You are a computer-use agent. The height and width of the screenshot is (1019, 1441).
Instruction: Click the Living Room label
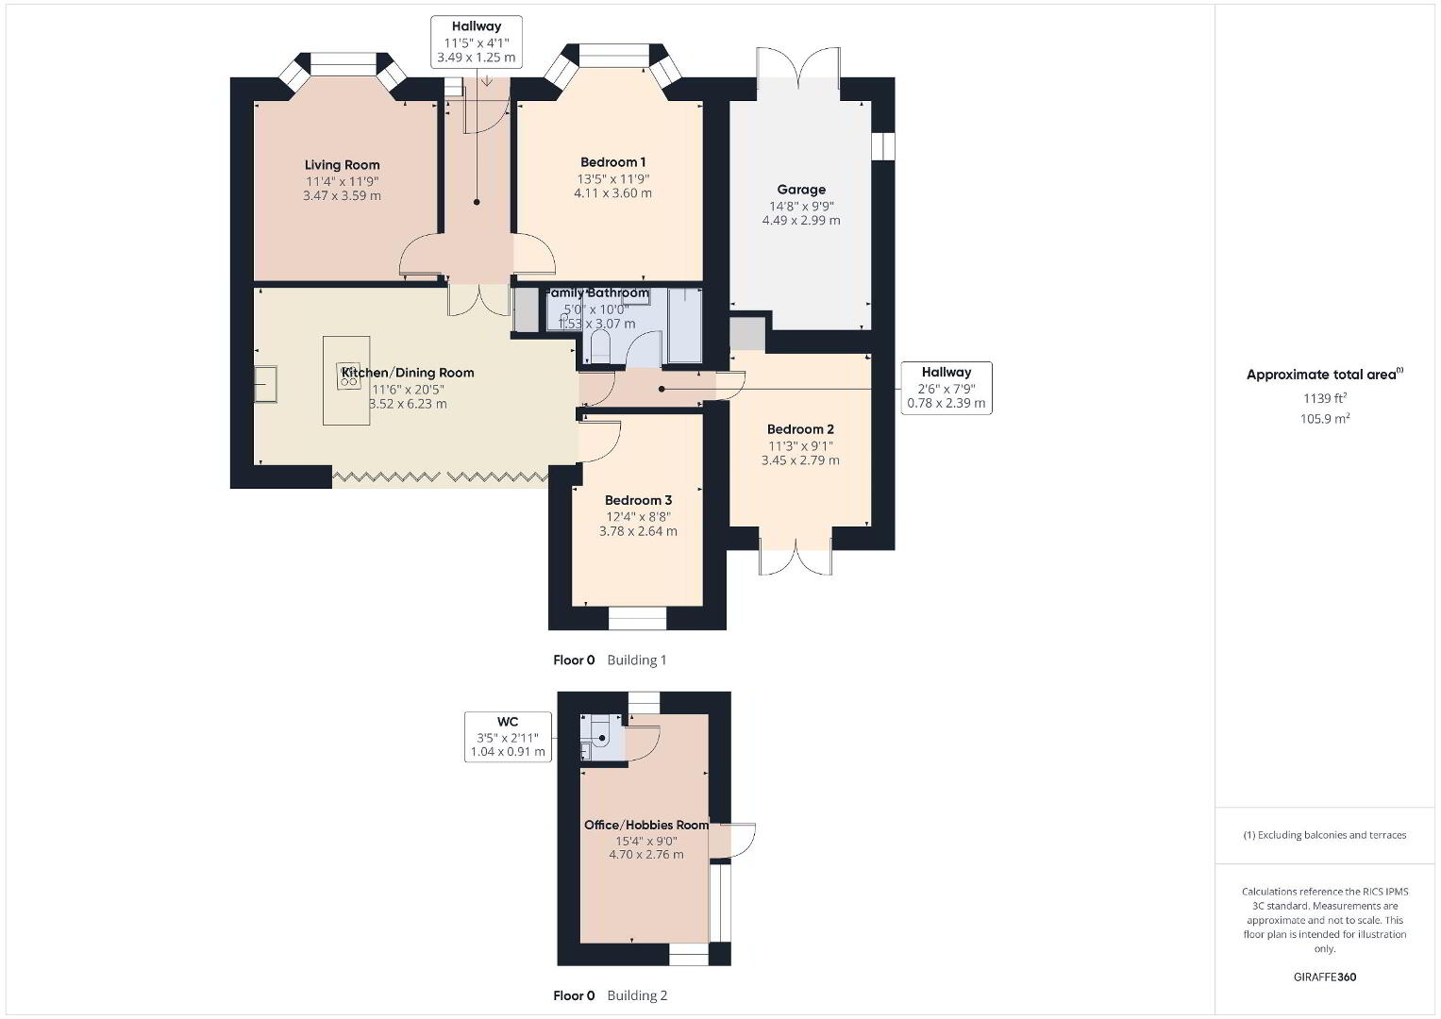tap(343, 165)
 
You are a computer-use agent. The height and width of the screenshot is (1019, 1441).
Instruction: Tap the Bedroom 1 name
tap(613, 162)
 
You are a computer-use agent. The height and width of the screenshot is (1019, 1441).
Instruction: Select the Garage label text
tap(801, 190)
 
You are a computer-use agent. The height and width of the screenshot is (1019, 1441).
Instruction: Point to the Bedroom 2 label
tap(800, 429)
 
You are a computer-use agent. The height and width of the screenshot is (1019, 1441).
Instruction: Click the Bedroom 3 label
tap(638, 500)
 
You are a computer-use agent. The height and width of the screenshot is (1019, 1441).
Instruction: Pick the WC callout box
tap(508, 737)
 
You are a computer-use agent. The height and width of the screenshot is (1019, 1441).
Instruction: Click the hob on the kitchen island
tap(349, 376)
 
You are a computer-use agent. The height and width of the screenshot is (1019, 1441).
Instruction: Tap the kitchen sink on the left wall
tap(266, 384)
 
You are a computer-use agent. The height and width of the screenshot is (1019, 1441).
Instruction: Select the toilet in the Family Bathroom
tap(600, 347)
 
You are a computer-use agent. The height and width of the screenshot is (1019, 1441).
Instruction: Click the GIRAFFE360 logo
tap(1325, 977)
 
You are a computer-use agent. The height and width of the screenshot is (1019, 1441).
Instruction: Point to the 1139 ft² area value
tap(1325, 398)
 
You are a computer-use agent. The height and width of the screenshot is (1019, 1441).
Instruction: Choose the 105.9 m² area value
tap(1325, 419)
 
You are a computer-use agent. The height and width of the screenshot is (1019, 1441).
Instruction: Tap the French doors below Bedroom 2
tap(796, 552)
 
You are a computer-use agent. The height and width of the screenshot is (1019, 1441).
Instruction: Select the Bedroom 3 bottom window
tap(638, 618)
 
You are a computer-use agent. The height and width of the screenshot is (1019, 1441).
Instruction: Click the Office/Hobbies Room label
tap(645, 825)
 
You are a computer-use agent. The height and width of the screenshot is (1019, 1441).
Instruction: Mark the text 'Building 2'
tap(637, 995)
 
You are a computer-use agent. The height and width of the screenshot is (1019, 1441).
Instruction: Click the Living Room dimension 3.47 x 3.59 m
tap(343, 195)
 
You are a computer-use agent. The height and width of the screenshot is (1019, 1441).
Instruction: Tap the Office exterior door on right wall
tap(733, 840)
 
